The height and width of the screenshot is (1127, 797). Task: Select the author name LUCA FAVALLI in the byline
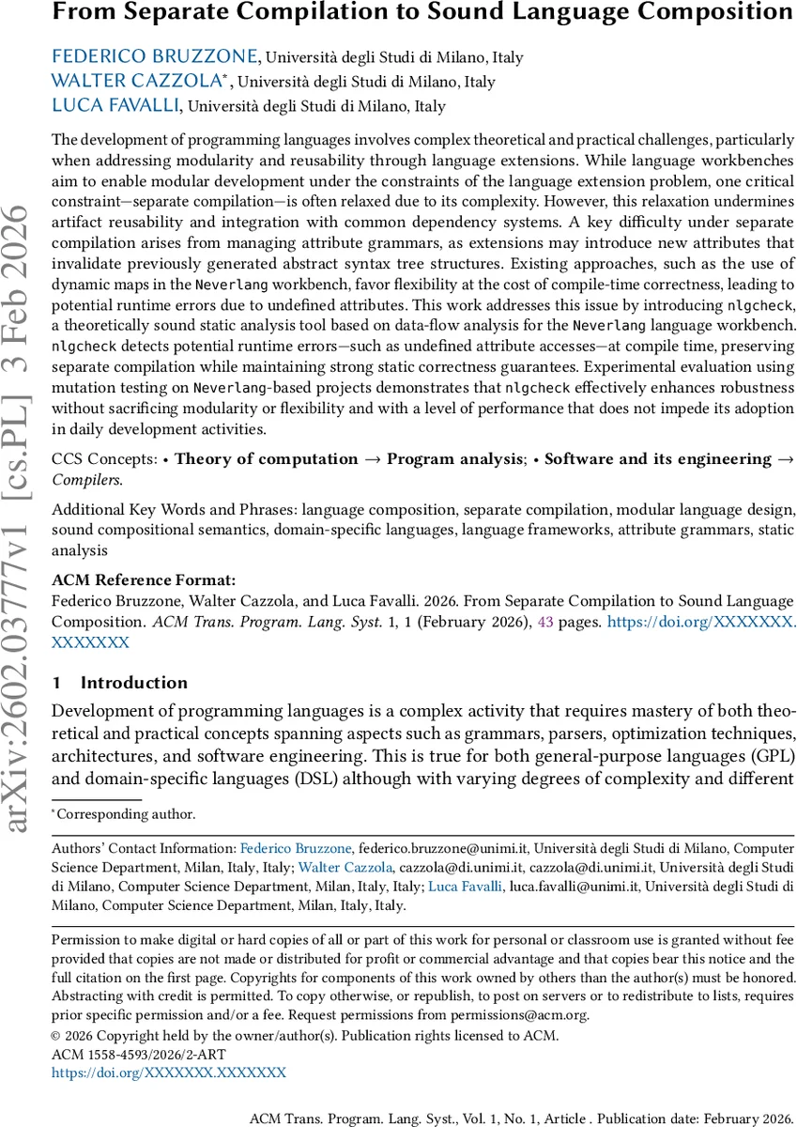[122, 106]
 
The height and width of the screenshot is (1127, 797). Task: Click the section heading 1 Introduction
[119, 683]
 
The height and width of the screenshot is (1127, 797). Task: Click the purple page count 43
[544, 622]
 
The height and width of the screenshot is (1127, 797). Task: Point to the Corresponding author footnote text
[127, 815]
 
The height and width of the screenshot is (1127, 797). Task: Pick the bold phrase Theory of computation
[266, 460]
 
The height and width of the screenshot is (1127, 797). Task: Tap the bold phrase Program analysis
[455, 460]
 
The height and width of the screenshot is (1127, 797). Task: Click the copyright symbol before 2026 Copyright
[57, 1037]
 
